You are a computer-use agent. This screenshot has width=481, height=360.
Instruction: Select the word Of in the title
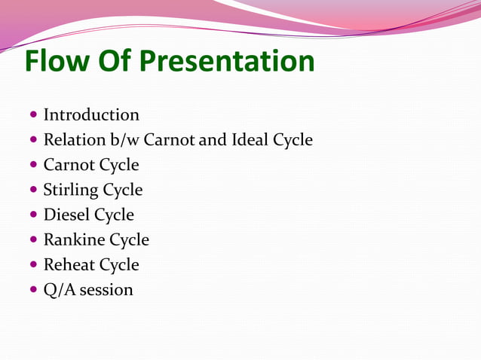coord(120,61)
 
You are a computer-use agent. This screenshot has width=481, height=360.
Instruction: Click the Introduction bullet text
coord(91,115)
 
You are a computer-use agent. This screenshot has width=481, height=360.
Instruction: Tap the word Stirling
coord(71,190)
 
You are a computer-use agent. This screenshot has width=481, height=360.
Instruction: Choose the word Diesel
coord(66,215)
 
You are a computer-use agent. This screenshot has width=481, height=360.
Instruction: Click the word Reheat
coord(69,265)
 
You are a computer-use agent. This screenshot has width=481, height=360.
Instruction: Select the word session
coord(106,290)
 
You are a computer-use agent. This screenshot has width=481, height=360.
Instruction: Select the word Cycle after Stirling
coord(122,191)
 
